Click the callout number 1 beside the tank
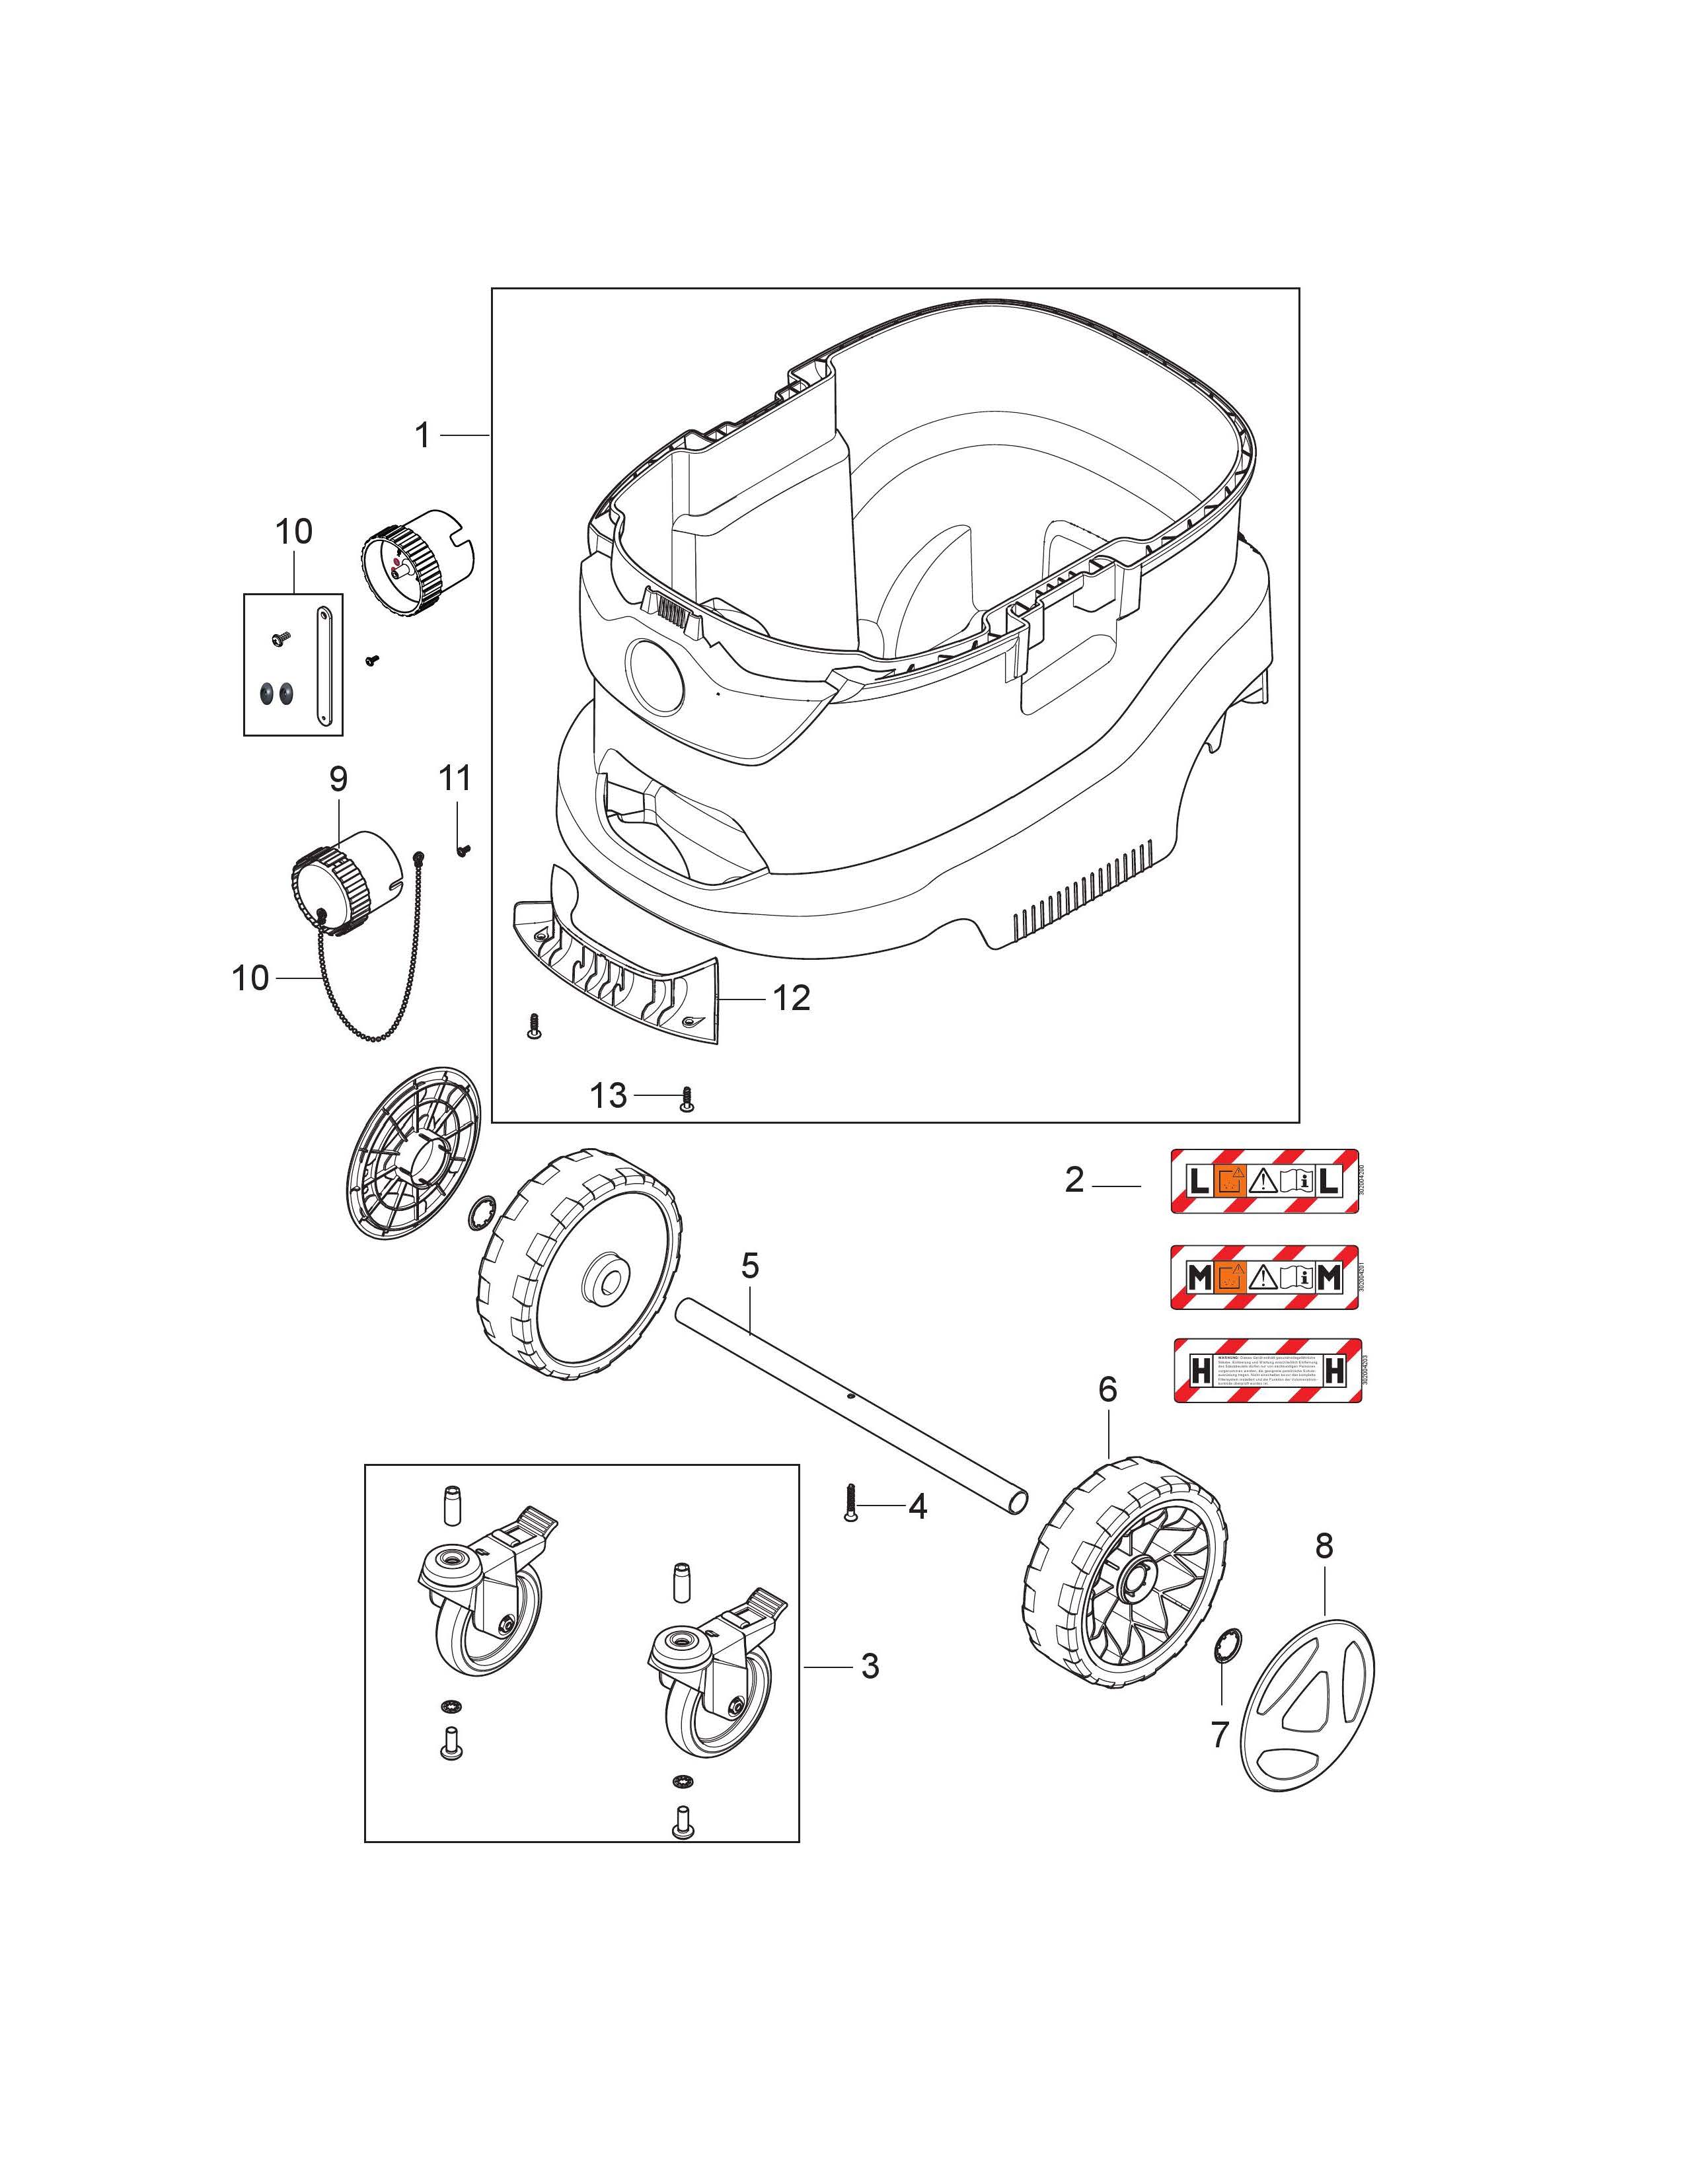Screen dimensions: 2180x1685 point(422,435)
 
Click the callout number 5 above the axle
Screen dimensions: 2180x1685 point(750,1266)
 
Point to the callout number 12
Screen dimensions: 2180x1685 point(792,997)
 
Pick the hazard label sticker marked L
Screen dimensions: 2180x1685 point(1265,1182)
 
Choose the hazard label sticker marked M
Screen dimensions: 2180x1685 point(1265,1277)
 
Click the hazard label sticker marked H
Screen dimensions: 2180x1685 point(1267,1371)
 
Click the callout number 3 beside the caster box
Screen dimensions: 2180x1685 point(870,1666)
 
